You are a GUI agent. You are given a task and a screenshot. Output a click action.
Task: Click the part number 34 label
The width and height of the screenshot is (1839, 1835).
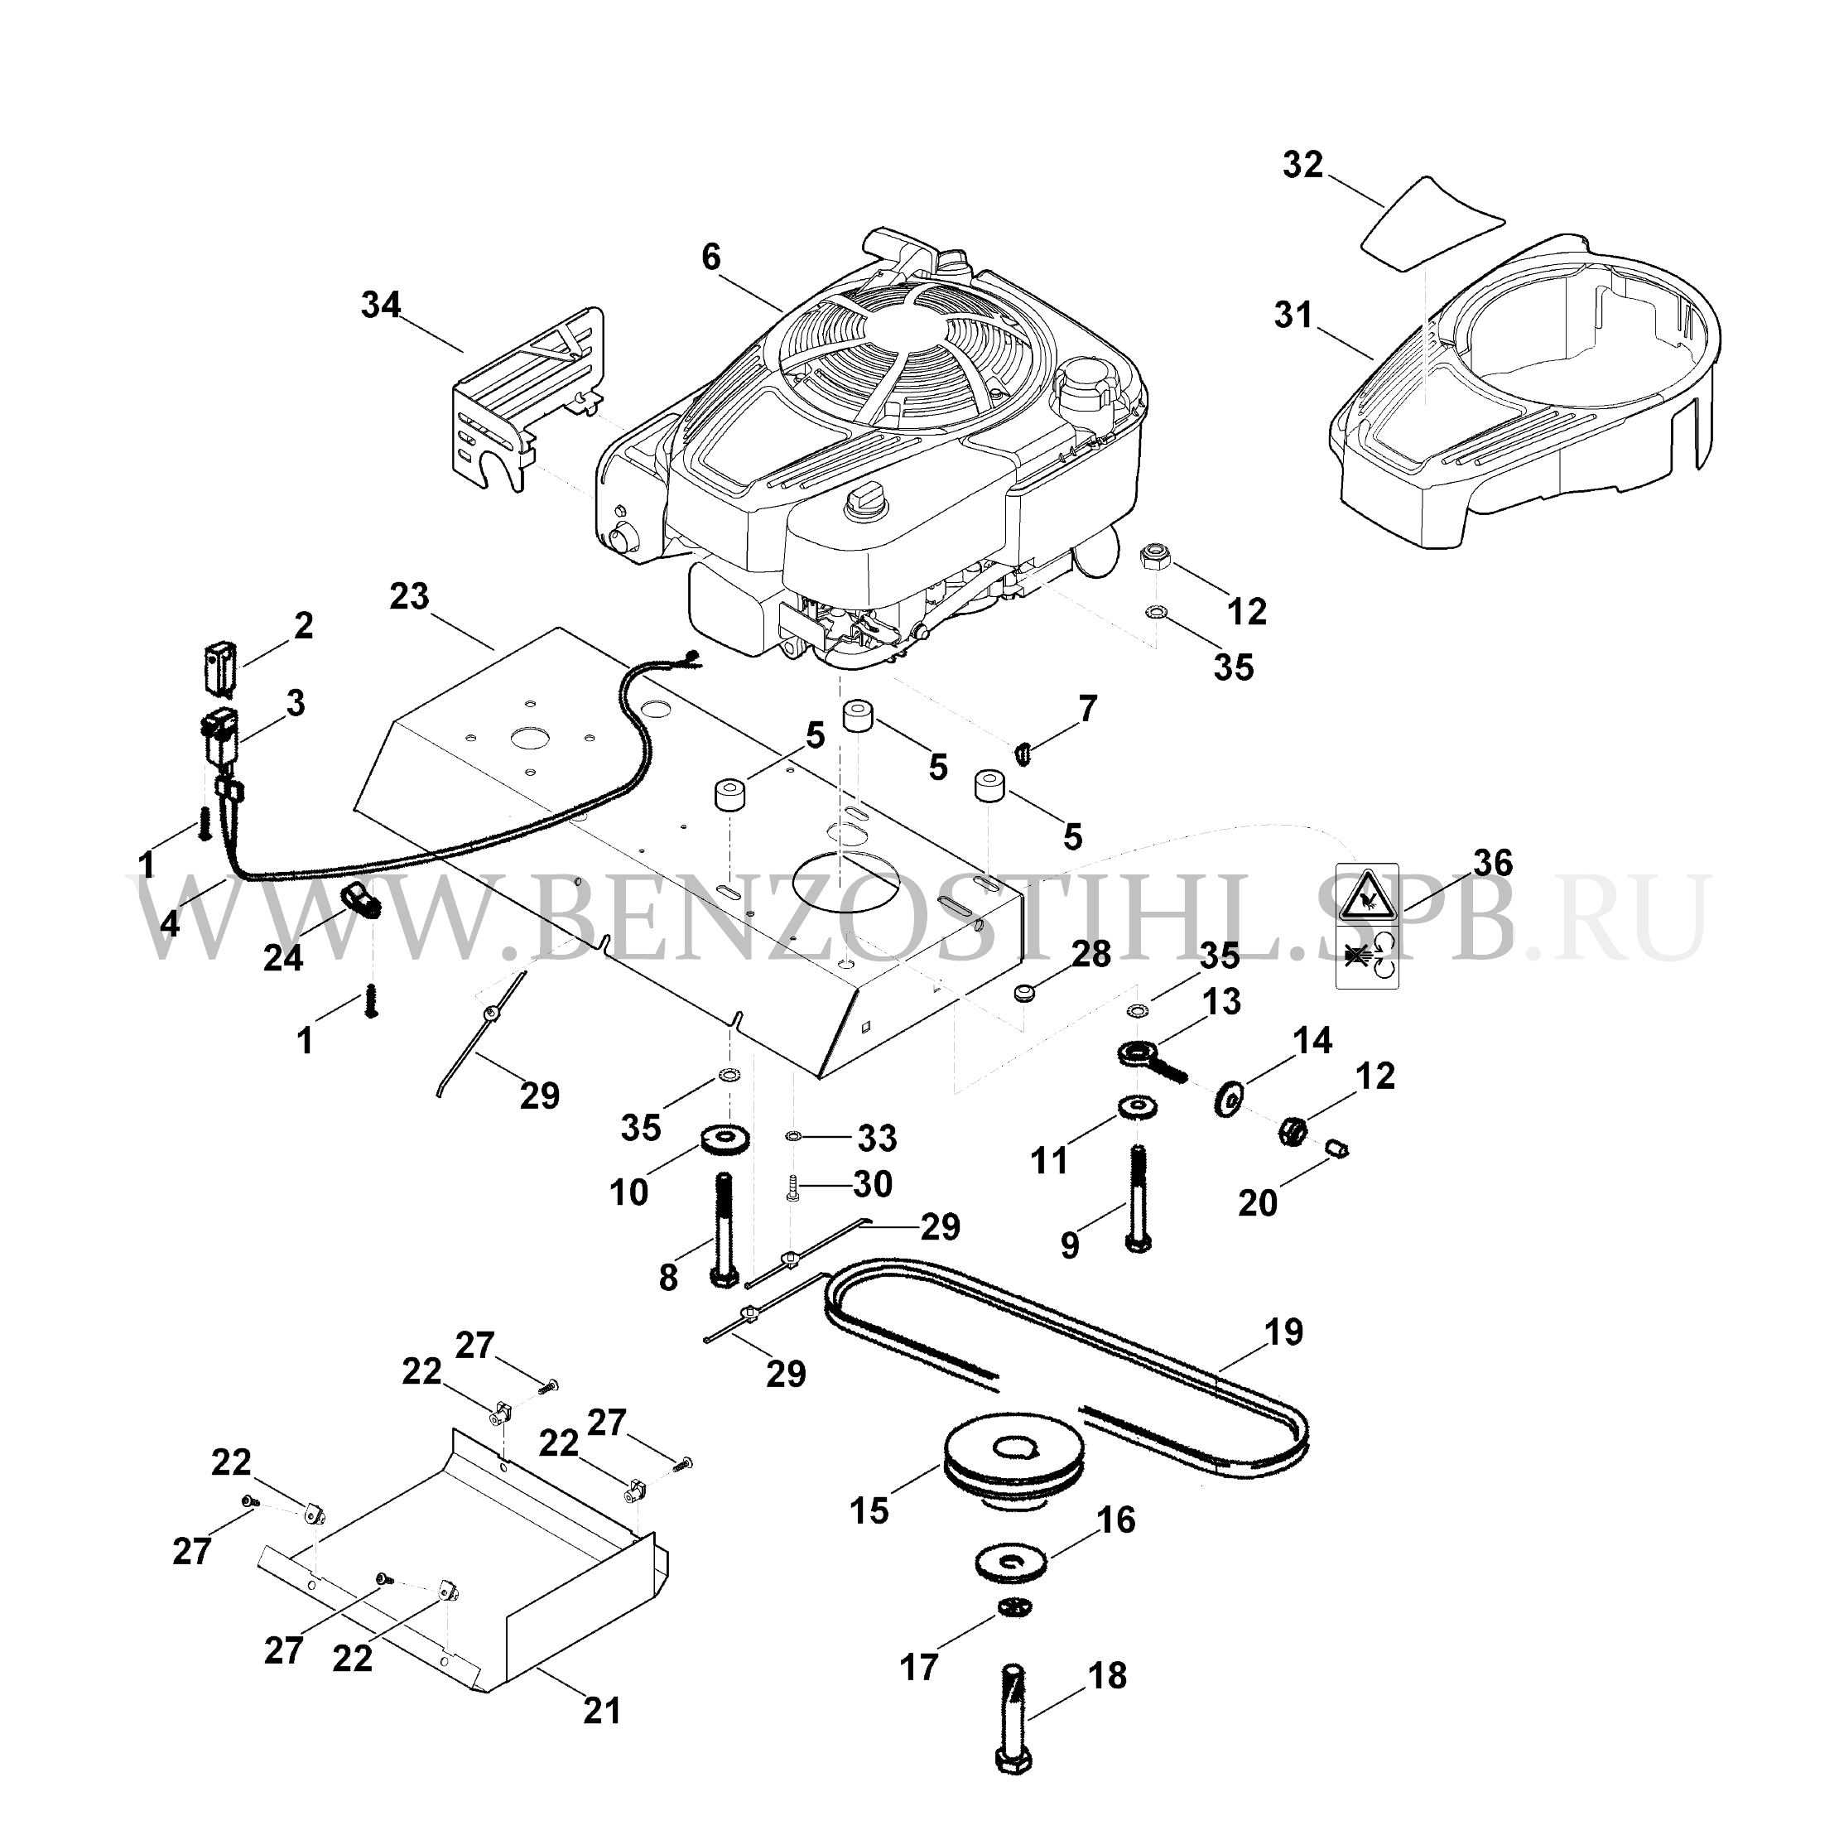click(x=382, y=306)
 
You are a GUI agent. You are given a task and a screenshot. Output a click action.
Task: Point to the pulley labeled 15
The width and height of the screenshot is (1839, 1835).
click(x=1009, y=1477)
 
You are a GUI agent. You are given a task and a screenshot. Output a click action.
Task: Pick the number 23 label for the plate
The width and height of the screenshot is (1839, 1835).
click(x=409, y=599)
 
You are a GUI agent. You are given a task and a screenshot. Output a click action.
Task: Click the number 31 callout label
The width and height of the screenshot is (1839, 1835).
click(x=1293, y=316)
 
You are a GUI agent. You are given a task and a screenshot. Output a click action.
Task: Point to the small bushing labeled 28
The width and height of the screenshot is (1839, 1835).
click(x=1024, y=993)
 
